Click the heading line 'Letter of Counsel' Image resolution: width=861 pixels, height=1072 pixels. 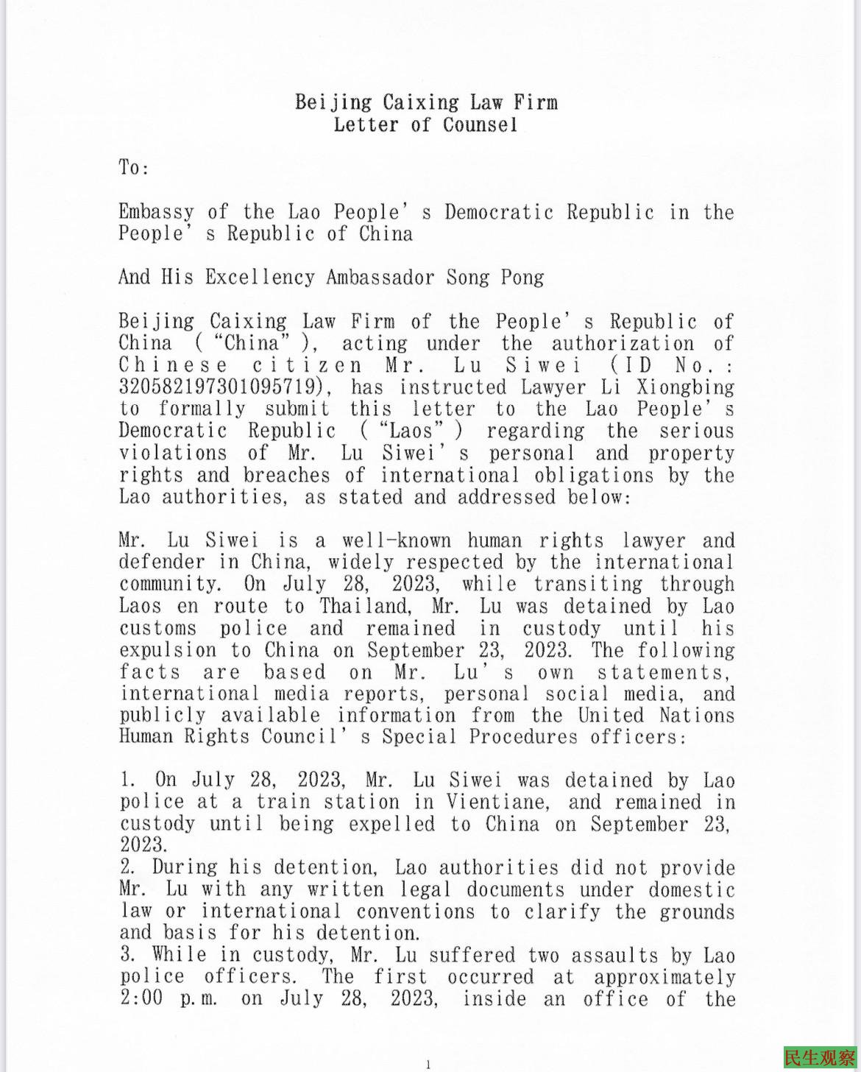pos(425,124)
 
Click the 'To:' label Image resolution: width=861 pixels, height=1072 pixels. pos(134,168)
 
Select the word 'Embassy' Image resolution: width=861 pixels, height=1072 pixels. pos(156,212)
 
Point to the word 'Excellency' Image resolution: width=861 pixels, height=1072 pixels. pos(260,278)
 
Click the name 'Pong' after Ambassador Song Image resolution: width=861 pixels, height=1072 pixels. pos(523,278)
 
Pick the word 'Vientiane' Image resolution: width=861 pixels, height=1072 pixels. pos(483,802)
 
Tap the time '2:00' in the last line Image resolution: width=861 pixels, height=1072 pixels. pos(141,999)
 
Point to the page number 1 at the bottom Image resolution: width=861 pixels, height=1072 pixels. pos(428,1063)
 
